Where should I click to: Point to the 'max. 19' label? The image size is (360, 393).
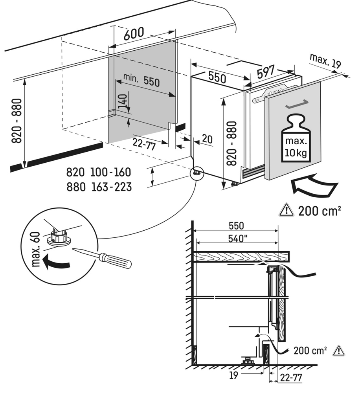[x=325, y=61]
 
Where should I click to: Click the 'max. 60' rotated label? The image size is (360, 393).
[x=36, y=249]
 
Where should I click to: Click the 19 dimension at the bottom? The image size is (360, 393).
[x=234, y=375]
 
